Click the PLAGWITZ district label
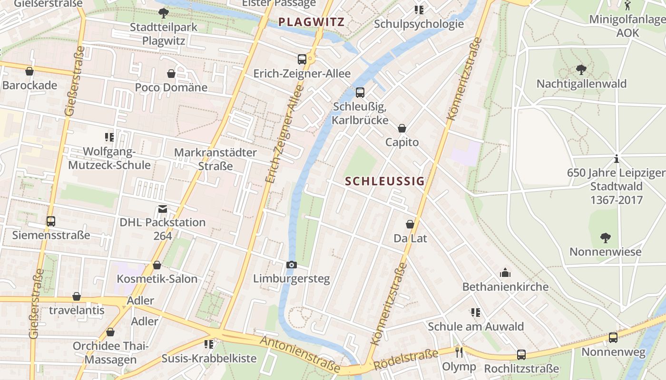click(311, 22)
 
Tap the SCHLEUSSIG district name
click(384, 181)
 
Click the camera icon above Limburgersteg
click(292, 265)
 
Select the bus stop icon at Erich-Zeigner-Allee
click(302, 59)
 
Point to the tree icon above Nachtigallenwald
click(581, 70)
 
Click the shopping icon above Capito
click(402, 128)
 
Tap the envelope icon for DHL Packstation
click(163, 209)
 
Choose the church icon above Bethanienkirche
click(505, 273)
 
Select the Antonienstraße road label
click(300, 354)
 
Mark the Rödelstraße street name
click(406, 360)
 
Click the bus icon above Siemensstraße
click(51, 221)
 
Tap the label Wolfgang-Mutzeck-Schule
click(109, 158)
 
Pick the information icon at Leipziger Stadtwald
click(617, 159)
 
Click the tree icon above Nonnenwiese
click(605, 237)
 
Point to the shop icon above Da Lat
click(410, 224)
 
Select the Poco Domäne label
click(171, 87)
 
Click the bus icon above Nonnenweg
click(613, 338)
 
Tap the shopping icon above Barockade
click(29, 72)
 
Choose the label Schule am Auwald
click(476, 326)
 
